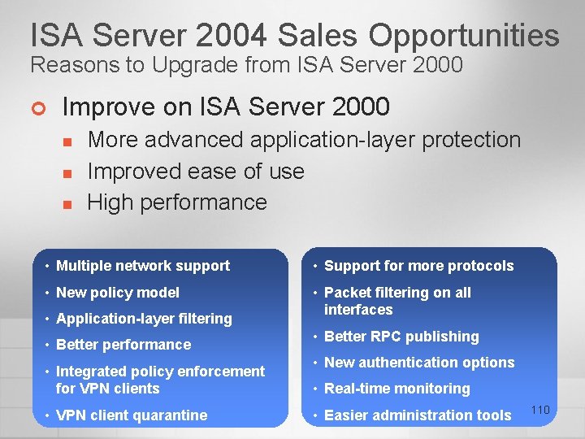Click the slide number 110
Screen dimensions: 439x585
(x=540, y=411)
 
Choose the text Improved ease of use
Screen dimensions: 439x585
(x=196, y=172)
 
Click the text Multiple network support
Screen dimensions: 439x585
(x=143, y=266)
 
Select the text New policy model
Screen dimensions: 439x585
(x=118, y=293)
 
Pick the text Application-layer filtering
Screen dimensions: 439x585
(x=144, y=319)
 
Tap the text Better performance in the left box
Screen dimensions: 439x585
(x=123, y=345)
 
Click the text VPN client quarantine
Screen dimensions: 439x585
(x=132, y=415)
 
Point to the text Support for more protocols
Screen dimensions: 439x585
(x=419, y=266)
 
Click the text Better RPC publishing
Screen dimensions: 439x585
(x=401, y=337)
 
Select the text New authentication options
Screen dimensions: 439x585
(x=419, y=363)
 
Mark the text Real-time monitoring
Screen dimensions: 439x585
(x=397, y=389)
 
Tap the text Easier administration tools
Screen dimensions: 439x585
(x=418, y=415)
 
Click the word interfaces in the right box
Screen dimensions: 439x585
(x=358, y=310)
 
